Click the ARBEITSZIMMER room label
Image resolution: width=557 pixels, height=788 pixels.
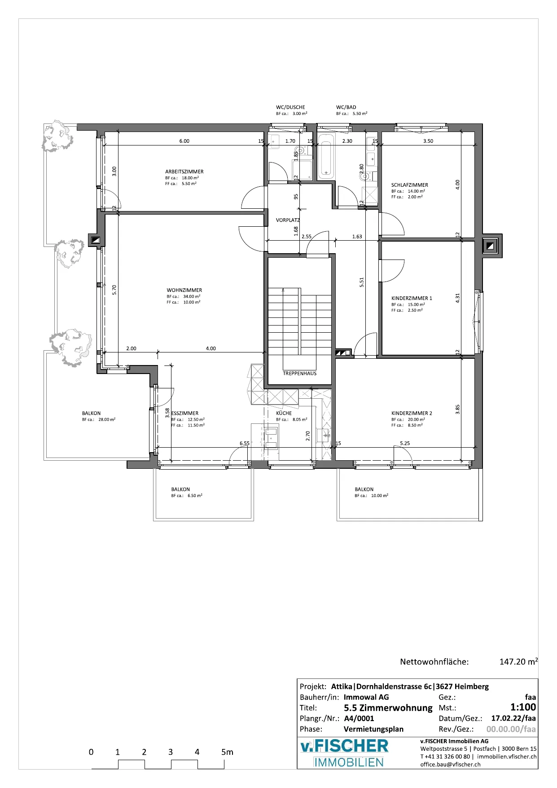tap(184, 172)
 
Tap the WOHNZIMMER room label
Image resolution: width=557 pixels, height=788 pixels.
tap(184, 290)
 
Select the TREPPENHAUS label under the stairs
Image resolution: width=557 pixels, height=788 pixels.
tap(299, 374)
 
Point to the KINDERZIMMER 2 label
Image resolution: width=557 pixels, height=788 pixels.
tap(412, 413)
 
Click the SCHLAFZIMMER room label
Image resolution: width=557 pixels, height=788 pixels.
tap(409, 185)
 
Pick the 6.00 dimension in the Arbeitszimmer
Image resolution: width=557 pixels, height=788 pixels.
tap(184, 141)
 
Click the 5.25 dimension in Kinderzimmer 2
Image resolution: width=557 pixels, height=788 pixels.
tap(405, 443)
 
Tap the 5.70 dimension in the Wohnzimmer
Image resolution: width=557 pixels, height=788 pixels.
tap(114, 290)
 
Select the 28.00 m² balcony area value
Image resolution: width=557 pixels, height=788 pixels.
tap(107, 420)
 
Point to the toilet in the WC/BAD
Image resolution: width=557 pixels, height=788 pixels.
tap(364, 176)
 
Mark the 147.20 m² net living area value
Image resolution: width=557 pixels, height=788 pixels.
tap(518, 661)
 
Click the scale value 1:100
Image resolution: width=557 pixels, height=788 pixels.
tap(523, 707)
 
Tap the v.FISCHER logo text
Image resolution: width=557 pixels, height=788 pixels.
tap(344, 746)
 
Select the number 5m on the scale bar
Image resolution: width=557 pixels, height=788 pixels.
tap(227, 752)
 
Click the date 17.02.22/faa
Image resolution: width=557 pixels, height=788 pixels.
tap(513, 718)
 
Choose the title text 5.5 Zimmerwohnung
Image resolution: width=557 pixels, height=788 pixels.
tap(388, 708)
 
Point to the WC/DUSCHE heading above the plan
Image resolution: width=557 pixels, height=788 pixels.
tap(290, 107)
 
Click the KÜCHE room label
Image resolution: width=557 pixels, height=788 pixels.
tap(284, 413)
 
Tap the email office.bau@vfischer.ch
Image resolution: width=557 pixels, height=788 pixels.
tap(450, 764)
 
